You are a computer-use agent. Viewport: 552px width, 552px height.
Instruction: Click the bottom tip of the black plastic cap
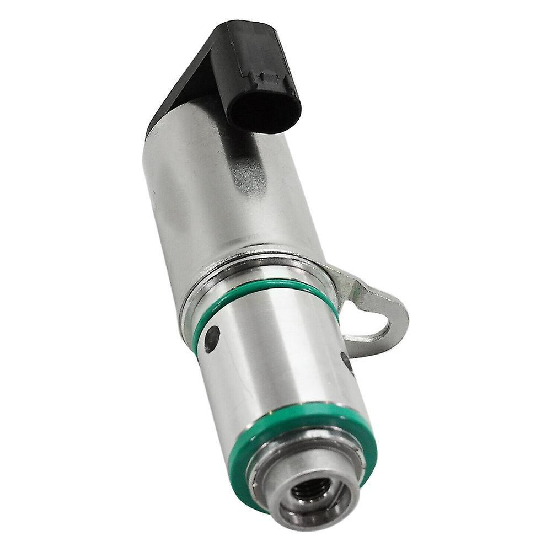pyautogui.click(x=152, y=132)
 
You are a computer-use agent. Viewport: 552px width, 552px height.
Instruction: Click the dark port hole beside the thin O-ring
pyautogui.click(x=212, y=338)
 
